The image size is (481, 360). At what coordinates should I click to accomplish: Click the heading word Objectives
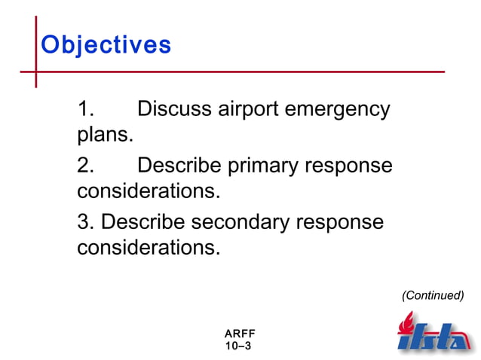pyautogui.click(x=106, y=45)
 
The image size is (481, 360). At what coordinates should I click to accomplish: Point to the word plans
pyautogui.click(x=105, y=136)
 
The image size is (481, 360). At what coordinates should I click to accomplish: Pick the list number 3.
pyautogui.click(x=85, y=222)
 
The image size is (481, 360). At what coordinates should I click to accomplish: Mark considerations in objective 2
pyautogui.click(x=148, y=191)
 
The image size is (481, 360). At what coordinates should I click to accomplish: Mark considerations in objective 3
pyautogui.click(x=148, y=248)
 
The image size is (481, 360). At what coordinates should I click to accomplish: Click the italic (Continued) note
pyautogui.click(x=433, y=295)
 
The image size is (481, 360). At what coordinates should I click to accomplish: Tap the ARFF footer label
pyautogui.click(x=240, y=334)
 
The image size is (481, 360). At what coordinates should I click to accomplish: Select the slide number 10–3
pyautogui.click(x=238, y=346)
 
